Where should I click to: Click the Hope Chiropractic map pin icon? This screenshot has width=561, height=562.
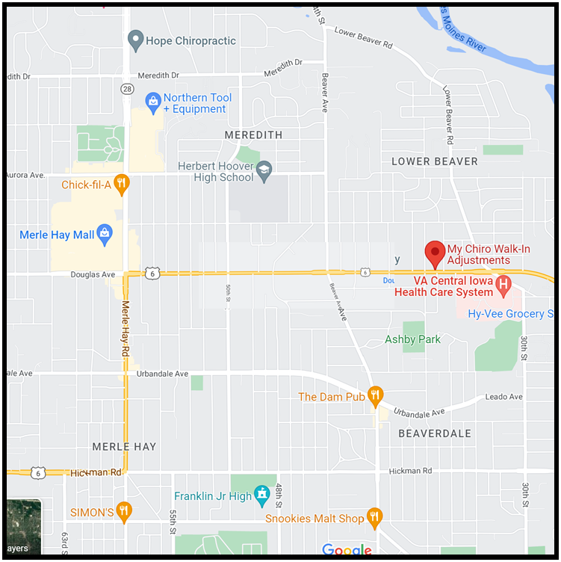[x=135, y=40]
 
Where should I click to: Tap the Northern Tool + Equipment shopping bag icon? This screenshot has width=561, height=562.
[x=153, y=100]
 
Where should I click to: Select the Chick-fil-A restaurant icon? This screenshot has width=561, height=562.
[x=122, y=184]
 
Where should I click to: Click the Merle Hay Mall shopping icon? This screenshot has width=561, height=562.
[x=105, y=235]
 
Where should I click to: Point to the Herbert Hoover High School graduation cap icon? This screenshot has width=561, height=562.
[x=264, y=172]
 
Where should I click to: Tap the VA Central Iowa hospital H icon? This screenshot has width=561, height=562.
[x=503, y=284]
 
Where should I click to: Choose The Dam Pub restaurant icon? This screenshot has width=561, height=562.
[x=376, y=396]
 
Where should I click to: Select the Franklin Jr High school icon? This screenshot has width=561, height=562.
[x=261, y=495]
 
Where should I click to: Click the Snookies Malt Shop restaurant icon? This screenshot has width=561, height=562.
[x=375, y=517]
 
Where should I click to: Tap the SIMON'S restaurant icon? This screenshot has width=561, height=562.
[x=124, y=511]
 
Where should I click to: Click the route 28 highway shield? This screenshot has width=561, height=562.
[x=127, y=89]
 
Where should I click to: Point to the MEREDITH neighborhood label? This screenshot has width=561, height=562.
[x=254, y=135]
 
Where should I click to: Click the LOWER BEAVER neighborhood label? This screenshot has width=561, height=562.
[x=435, y=161]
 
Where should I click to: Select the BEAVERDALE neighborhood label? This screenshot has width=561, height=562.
[x=435, y=433]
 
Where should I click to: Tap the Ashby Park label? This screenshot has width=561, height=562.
[x=412, y=339]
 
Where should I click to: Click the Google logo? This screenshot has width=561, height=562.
[x=347, y=551]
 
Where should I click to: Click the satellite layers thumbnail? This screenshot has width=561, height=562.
[x=23, y=527]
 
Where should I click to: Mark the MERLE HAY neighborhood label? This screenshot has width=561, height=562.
[x=124, y=446]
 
